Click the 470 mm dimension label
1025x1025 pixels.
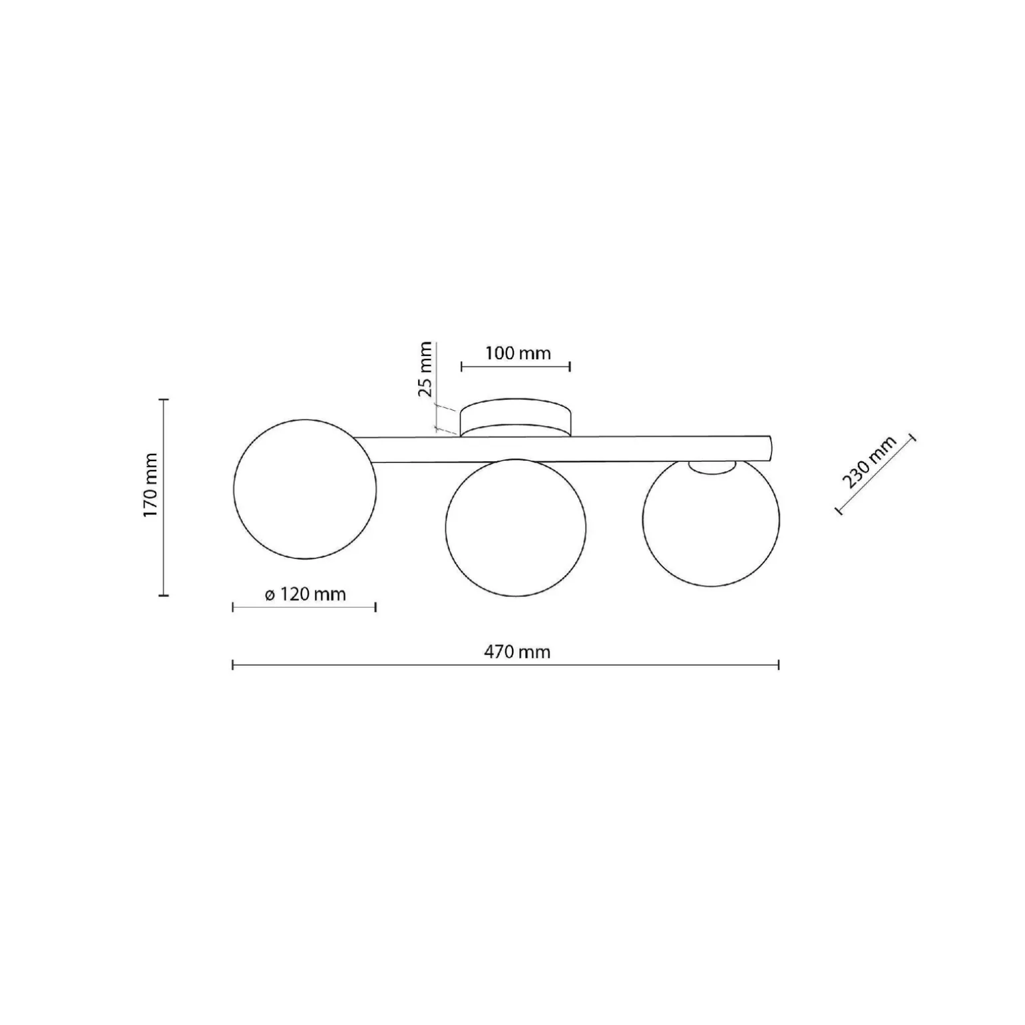click(517, 652)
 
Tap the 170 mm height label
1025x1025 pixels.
click(150, 486)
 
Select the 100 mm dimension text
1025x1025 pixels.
click(517, 353)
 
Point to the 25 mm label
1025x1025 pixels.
click(425, 369)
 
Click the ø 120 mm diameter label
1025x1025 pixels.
click(306, 594)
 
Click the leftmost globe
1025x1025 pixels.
click(304, 489)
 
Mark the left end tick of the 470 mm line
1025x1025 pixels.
click(232, 665)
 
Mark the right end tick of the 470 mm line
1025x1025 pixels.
click(778, 665)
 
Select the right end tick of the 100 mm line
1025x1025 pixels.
click(570, 366)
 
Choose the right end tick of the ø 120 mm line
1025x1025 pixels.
click(376, 607)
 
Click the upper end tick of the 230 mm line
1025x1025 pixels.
click(912, 437)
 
